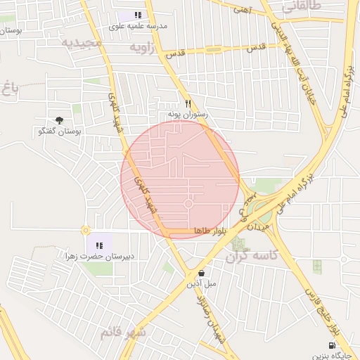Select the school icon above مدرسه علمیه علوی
pos(138,15)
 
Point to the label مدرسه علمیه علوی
pos(139,26)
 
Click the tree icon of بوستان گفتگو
pos(59,120)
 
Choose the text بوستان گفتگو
pos(59,131)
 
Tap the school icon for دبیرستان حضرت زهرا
pos(99,245)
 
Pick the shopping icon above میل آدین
pos(202,273)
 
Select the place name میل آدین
pos(202,284)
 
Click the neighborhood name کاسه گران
pos(252,258)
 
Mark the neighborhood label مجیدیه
pos(82,42)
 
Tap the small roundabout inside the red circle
pos(188,204)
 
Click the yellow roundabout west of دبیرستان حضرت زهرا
pos(86,230)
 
